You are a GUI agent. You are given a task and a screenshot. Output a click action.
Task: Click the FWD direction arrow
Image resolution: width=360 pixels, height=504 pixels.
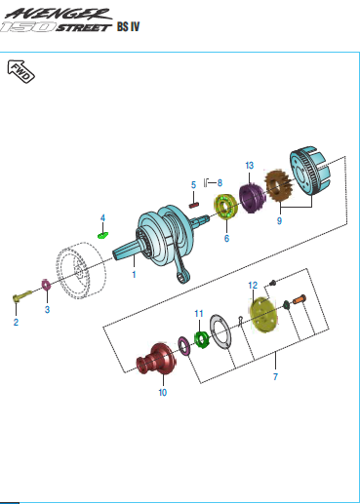tap(20, 71)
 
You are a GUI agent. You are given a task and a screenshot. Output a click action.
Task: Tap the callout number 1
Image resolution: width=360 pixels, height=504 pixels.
tap(134, 275)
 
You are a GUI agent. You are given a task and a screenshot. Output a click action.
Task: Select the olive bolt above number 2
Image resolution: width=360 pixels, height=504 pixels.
tap(22, 296)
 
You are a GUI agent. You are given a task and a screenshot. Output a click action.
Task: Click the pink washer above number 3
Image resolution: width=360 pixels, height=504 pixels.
tap(47, 286)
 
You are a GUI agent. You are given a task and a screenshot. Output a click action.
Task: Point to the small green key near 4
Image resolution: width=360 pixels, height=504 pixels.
tap(103, 235)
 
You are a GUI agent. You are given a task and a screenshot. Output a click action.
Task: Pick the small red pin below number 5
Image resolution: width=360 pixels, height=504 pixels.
tap(194, 205)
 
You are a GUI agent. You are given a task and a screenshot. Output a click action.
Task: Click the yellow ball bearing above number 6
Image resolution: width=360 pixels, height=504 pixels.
tap(225, 207)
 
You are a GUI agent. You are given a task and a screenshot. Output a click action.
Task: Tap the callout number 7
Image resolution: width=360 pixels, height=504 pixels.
tap(275, 376)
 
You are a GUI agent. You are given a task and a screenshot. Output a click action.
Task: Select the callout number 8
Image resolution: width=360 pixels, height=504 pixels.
tap(220, 183)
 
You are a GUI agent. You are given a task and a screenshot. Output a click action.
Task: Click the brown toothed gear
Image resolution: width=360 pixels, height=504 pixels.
tap(278, 186)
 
